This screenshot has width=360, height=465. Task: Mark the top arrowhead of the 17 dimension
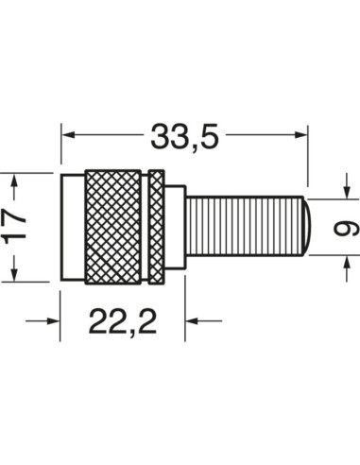[13, 181]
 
